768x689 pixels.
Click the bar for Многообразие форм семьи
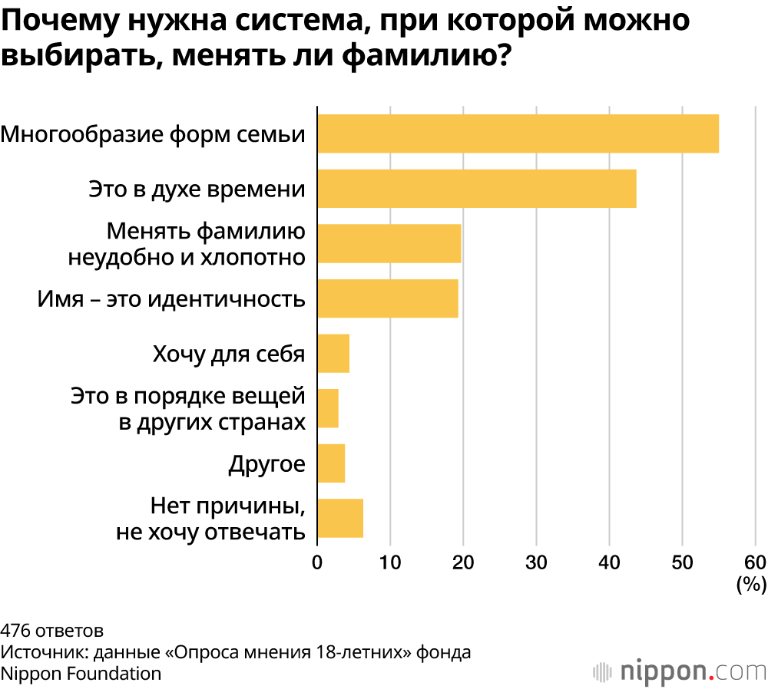(x=518, y=134)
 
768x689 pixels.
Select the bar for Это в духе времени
(x=477, y=189)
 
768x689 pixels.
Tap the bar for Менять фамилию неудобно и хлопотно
(x=389, y=243)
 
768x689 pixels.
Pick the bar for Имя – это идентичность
(x=388, y=298)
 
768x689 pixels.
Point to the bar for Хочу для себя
(x=333, y=354)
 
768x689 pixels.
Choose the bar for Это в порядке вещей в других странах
(x=328, y=408)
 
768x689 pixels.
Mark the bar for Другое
(x=331, y=463)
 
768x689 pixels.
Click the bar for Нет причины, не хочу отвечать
(x=340, y=519)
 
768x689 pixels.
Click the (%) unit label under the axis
(x=751, y=585)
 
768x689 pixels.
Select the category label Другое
(x=266, y=464)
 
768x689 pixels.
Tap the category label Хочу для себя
(x=229, y=354)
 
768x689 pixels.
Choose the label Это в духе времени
(x=197, y=189)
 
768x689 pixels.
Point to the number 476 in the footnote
(x=15, y=631)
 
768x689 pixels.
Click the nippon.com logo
(x=679, y=671)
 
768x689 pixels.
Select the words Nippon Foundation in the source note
(x=81, y=673)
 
